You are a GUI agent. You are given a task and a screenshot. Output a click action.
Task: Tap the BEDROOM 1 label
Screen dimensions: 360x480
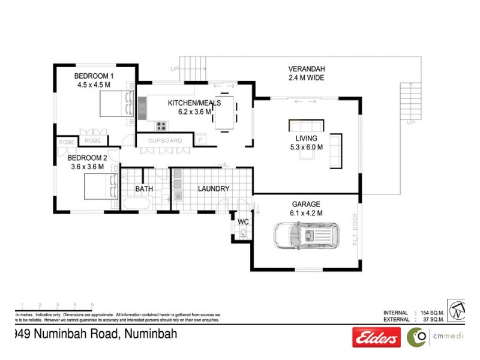tap(94, 76)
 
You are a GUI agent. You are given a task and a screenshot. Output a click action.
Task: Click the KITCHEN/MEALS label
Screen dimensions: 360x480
tap(194, 103)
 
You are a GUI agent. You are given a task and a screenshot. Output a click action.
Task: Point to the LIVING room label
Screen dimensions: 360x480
tap(305, 137)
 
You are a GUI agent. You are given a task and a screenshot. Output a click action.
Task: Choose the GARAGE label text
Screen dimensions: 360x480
tap(306, 204)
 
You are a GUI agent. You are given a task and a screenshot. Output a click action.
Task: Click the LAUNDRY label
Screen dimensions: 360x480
tap(214, 188)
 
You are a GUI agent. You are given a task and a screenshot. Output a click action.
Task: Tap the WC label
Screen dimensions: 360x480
tap(244, 222)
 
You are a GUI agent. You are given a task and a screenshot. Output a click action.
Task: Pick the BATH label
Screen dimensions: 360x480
tap(144, 188)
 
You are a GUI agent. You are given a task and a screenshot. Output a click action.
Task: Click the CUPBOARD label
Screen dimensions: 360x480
tap(164, 141)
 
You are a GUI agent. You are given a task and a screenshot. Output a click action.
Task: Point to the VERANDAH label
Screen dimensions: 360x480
tap(306, 68)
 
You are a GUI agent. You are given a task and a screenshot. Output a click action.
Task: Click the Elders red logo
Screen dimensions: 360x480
tap(376, 338)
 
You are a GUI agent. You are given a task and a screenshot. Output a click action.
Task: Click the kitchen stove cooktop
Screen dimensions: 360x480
tap(161, 125)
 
